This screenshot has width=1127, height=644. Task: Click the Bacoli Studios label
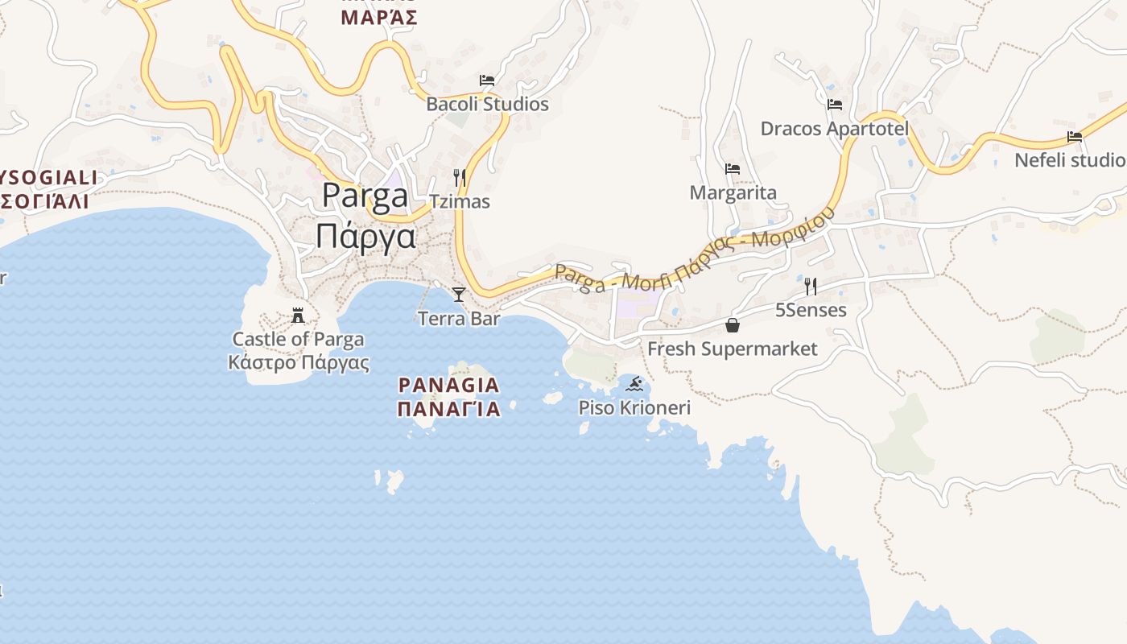pyautogui.click(x=487, y=104)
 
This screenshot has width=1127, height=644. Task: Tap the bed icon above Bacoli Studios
pyautogui.click(x=487, y=80)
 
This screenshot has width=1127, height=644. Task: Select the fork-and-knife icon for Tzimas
pyautogui.click(x=460, y=177)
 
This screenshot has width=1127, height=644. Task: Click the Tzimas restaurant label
pyautogui.click(x=460, y=201)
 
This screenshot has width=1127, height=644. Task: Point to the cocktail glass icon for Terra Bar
pyautogui.click(x=459, y=295)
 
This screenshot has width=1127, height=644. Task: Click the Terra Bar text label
pyautogui.click(x=459, y=319)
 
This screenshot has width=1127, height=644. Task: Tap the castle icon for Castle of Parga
pyautogui.click(x=298, y=315)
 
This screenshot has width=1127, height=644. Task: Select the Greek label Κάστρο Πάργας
pyautogui.click(x=299, y=362)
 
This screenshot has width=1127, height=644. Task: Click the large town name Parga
pyautogui.click(x=365, y=196)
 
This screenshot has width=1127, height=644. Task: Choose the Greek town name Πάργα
pyautogui.click(x=365, y=237)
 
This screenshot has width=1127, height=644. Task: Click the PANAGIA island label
pyautogui.click(x=449, y=385)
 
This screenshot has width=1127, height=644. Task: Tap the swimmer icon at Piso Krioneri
pyautogui.click(x=634, y=384)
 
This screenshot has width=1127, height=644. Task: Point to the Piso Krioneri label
pyautogui.click(x=634, y=408)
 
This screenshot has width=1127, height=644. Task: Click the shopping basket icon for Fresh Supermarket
pyautogui.click(x=733, y=324)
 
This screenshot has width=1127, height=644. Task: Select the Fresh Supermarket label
pyautogui.click(x=733, y=349)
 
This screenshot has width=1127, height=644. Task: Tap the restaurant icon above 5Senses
pyautogui.click(x=811, y=286)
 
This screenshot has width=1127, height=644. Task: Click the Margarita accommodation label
pyautogui.click(x=733, y=192)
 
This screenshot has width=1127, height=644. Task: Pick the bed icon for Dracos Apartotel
pyautogui.click(x=835, y=104)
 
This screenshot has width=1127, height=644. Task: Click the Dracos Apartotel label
pyautogui.click(x=835, y=128)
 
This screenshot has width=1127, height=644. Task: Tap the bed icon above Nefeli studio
pyautogui.click(x=1075, y=136)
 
